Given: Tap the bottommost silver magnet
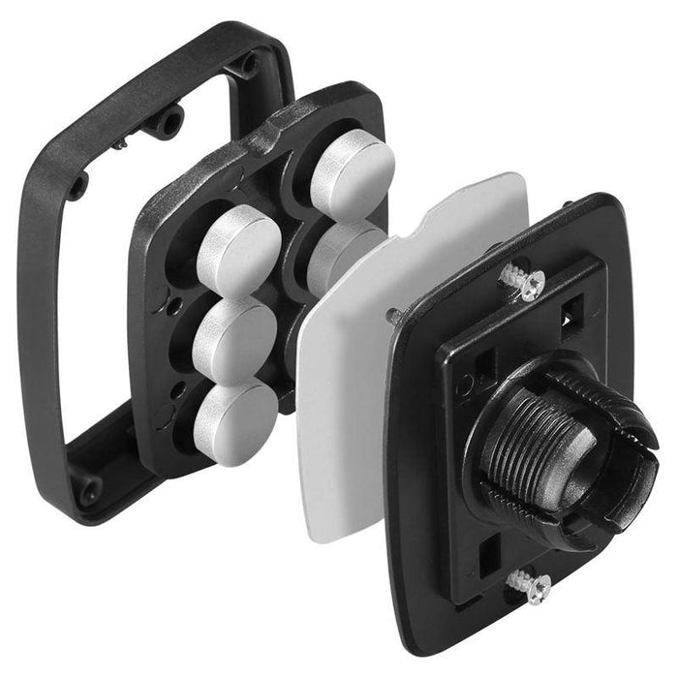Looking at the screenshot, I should point(236,420).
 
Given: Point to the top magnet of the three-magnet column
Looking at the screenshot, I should point(237,251).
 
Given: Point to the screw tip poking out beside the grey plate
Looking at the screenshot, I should point(393,314).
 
